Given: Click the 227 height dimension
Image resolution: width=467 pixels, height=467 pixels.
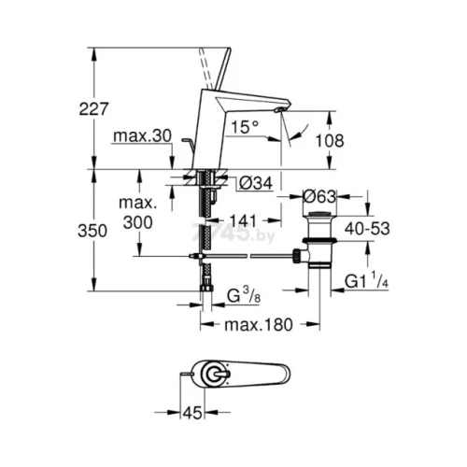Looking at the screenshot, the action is tap(93, 109).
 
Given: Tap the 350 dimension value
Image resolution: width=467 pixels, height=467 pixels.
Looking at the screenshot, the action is tap(92, 231).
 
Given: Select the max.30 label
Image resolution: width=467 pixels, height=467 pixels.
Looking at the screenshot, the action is tap(143, 136).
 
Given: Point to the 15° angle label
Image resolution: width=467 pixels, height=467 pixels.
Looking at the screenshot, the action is tap(245, 127).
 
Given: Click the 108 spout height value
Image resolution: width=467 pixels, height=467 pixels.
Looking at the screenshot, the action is tap(330, 140).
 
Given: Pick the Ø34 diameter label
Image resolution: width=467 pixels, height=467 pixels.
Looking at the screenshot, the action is tap(256, 183).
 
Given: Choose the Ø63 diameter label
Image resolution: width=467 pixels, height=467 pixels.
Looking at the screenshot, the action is tap(319, 197).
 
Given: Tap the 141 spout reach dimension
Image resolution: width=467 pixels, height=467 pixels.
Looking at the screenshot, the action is tap(244, 220).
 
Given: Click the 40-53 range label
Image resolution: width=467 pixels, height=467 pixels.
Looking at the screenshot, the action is tap(367, 229).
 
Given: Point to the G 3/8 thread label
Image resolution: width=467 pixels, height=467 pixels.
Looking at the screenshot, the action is tap(244, 295).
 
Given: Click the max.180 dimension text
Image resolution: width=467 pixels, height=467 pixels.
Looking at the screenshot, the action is tap(259, 325).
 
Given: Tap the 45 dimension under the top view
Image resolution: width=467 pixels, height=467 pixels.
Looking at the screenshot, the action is tap(192, 413).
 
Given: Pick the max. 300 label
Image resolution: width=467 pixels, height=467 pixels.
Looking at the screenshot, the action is tap(138, 213).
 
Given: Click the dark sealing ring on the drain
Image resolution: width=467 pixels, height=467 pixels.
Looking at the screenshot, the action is tap(319, 240).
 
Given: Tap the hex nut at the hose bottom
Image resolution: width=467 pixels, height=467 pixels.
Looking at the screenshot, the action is tap(205, 287).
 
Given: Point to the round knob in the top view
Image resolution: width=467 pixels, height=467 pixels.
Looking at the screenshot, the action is tap(215, 374).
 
